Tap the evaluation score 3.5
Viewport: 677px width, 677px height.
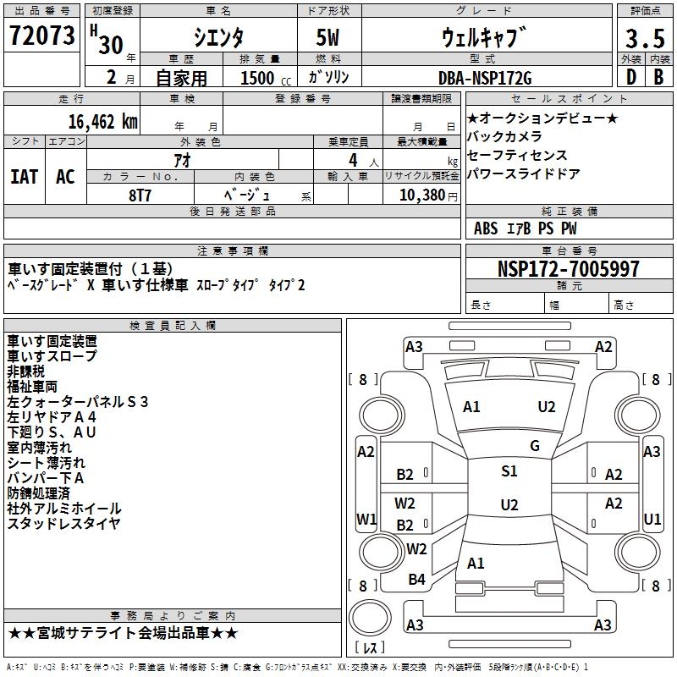[644, 40]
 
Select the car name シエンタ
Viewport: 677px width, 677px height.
[218, 38]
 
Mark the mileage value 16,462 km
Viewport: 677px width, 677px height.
[101, 121]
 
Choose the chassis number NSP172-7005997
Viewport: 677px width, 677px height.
[569, 269]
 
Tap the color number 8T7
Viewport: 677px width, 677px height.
[140, 194]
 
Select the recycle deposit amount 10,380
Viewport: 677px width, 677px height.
[420, 195]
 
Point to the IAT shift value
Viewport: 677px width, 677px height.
[24, 177]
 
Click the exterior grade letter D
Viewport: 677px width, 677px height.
[631, 78]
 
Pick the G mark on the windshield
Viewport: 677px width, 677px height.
[534, 446]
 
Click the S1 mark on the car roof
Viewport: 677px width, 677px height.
[509, 471]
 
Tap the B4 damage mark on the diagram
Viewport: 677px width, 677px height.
[416, 579]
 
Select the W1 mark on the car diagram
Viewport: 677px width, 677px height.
[366, 519]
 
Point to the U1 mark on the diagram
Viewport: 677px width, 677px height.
[652, 519]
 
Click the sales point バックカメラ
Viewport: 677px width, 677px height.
[504, 136]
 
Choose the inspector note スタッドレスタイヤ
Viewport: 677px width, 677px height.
[64, 524]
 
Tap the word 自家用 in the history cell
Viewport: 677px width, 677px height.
[181, 79]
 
